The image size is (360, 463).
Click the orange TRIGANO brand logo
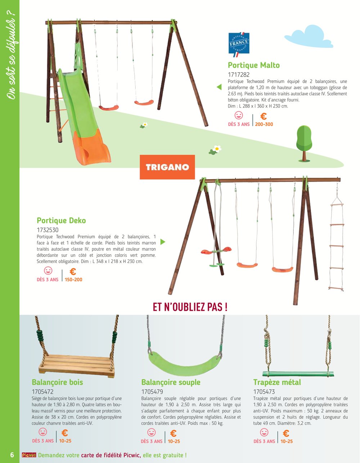[167, 167]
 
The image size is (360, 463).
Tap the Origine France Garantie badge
[239, 44]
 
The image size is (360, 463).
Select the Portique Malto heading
[254, 65]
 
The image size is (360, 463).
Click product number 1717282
[239, 74]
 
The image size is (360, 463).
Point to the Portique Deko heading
[61, 220]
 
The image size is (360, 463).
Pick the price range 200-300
[264, 124]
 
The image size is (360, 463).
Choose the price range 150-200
[73, 280]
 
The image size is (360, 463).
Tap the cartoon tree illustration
[304, 144]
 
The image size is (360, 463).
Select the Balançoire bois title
[57, 382]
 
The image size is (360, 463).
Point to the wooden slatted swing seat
[77, 365]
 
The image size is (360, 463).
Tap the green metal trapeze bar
[298, 374]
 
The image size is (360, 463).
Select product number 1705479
[152, 392]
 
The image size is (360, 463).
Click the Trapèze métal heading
[277, 382]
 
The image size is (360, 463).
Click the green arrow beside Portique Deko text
[163, 242]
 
